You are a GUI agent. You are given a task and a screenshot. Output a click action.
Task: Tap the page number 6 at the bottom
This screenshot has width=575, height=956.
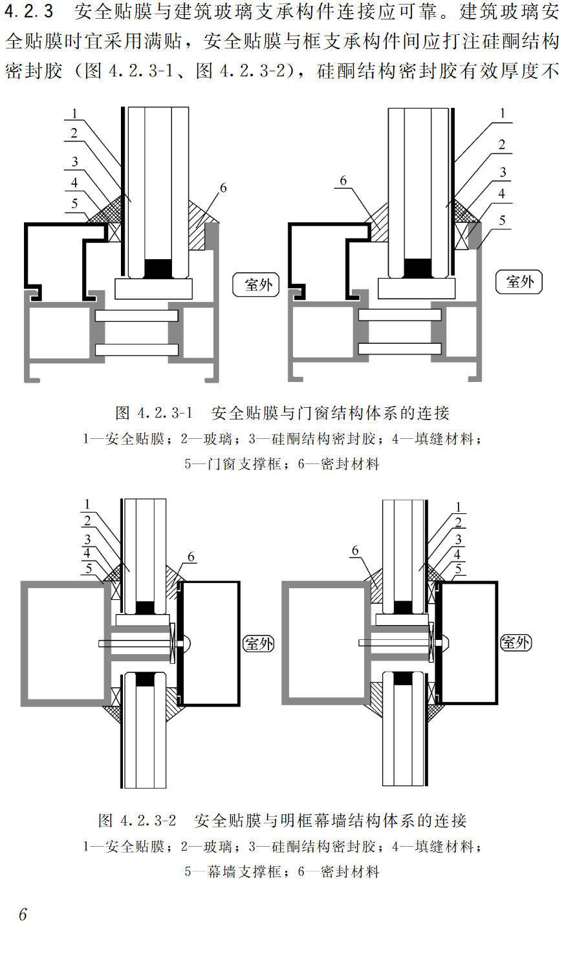click(23, 915)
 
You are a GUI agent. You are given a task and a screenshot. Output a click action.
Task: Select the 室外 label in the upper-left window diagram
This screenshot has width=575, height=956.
click(256, 284)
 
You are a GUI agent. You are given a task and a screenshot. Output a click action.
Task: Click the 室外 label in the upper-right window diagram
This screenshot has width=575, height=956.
click(518, 281)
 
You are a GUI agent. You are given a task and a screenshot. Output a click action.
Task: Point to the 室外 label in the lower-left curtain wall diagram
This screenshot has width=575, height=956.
click(257, 643)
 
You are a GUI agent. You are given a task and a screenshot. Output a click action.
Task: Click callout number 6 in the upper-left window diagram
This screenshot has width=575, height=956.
click(223, 188)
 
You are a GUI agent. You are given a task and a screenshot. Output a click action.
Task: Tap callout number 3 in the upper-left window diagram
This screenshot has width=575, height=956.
click(75, 162)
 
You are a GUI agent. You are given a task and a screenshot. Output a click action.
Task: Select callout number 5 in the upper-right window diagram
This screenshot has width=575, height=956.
click(503, 220)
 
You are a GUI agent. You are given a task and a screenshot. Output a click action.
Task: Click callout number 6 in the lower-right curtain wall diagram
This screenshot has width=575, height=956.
click(354, 550)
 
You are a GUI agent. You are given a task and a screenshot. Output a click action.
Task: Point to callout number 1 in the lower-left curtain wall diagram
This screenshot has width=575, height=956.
click(87, 504)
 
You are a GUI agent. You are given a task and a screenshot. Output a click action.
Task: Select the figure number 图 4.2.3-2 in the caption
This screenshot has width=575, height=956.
click(137, 821)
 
